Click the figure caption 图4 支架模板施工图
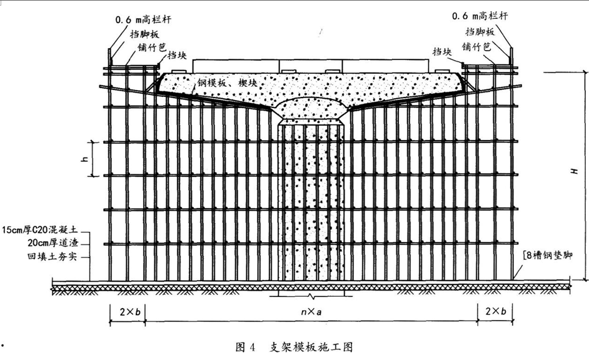(294, 347)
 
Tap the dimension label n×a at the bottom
(311, 312)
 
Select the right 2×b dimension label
(495, 311)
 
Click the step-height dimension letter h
(85, 159)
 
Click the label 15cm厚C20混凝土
(40, 229)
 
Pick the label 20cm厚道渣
(53, 242)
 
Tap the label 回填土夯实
(53, 257)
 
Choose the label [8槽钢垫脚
(547, 256)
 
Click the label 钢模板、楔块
(227, 83)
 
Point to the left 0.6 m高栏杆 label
(143, 19)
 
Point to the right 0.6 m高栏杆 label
(480, 16)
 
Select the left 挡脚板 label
(144, 34)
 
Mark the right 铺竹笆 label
(476, 46)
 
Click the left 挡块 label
(177, 55)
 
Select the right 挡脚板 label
(480, 31)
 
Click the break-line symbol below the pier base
(311, 296)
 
